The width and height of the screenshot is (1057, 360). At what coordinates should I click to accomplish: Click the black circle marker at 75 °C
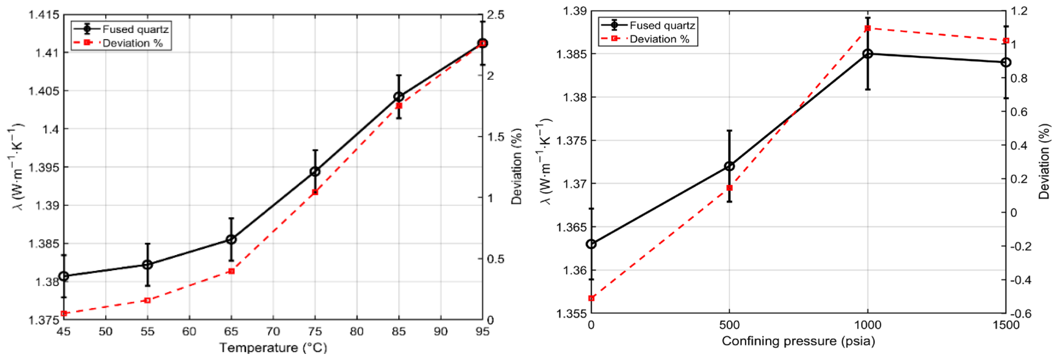315,172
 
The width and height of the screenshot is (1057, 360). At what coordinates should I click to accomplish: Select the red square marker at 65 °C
231,271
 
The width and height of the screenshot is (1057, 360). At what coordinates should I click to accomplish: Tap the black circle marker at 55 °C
147,265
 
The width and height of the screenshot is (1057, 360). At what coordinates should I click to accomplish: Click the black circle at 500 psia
729,166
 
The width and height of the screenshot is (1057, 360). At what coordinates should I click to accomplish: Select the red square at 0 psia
591,298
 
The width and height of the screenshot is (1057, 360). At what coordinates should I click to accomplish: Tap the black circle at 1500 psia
1006,62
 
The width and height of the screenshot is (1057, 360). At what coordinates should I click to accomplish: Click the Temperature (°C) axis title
273,348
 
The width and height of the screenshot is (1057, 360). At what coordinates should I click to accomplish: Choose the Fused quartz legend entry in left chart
135,29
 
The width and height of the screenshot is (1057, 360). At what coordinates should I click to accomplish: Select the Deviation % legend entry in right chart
659,39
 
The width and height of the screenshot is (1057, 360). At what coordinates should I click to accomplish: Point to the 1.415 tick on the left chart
44,15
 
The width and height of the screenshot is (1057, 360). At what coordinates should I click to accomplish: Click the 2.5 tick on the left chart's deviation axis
496,15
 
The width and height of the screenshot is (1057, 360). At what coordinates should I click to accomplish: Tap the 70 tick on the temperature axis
273,331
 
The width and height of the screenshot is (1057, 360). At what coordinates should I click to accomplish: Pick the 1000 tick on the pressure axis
867,325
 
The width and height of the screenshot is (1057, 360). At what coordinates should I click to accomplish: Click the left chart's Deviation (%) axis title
516,166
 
